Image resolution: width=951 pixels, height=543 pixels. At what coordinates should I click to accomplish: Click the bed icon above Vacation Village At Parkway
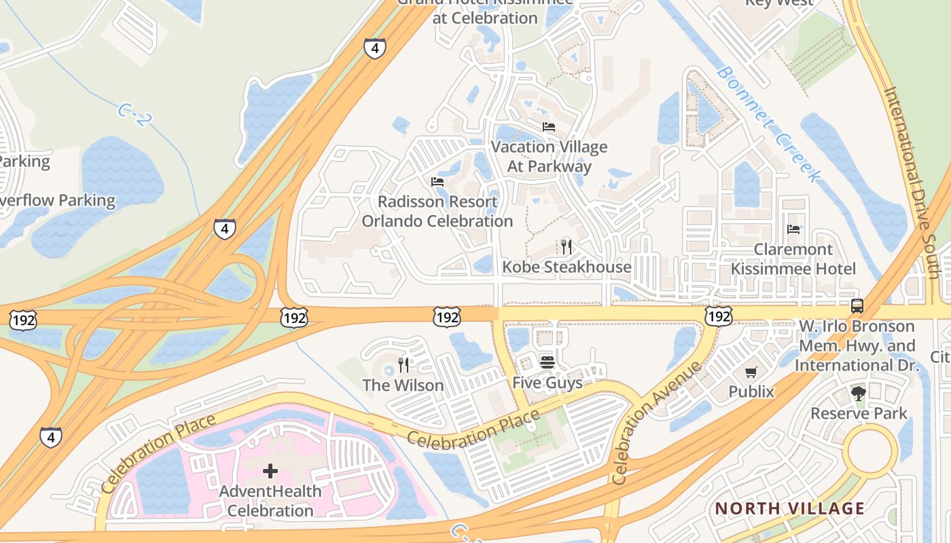click(x=548, y=127)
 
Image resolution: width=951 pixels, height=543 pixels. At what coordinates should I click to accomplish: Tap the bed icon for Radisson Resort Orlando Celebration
click(x=437, y=182)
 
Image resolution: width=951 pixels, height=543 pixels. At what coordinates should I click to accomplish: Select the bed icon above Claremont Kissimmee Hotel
click(x=793, y=229)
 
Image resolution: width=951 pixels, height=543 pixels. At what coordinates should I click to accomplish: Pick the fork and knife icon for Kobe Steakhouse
click(x=566, y=247)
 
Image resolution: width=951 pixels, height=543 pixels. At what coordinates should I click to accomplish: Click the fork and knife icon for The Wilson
click(x=403, y=365)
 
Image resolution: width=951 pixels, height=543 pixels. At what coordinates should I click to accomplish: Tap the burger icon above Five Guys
click(x=547, y=362)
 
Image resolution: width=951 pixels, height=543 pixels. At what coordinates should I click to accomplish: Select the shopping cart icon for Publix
click(x=751, y=372)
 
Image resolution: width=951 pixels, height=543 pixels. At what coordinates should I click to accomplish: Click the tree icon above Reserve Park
click(x=859, y=393)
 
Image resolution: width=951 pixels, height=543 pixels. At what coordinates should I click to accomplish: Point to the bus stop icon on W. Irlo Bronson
click(x=857, y=306)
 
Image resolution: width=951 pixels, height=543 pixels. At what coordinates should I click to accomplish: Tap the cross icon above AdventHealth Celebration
click(x=270, y=471)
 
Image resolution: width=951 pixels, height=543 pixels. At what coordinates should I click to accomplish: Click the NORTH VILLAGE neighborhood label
click(x=790, y=508)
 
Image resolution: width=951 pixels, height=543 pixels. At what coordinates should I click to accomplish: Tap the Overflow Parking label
click(x=58, y=201)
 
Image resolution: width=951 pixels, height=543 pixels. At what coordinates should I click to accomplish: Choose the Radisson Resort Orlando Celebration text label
click(x=437, y=212)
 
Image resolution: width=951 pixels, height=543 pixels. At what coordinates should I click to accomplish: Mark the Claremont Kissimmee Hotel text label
click(x=793, y=259)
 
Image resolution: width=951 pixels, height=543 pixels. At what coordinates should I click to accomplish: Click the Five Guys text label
click(x=547, y=383)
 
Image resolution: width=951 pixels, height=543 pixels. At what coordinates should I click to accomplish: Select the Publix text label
click(x=751, y=392)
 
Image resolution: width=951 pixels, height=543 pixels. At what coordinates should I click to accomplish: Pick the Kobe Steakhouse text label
click(x=567, y=267)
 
